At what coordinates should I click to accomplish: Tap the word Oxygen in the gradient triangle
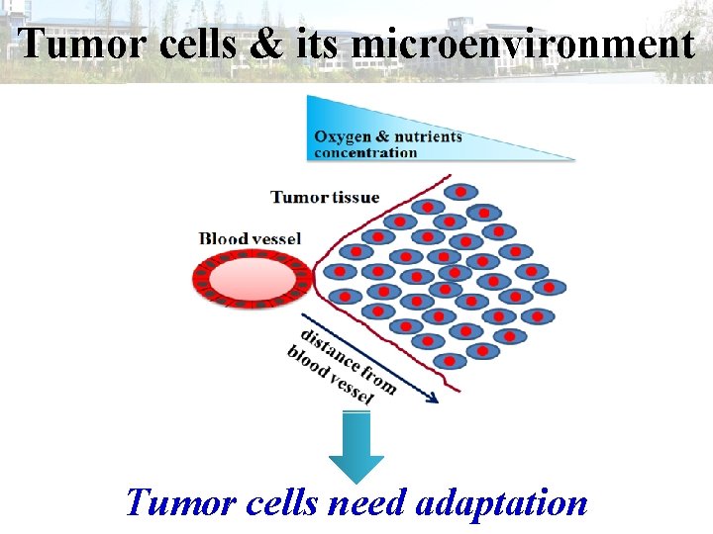click(x=342, y=136)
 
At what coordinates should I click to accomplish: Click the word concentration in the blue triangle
click(x=365, y=152)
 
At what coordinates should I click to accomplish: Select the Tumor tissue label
click(x=325, y=197)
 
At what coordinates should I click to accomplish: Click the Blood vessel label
click(x=251, y=238)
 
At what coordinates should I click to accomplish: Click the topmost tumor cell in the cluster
click(x=460, y=191)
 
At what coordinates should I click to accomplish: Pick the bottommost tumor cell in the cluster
click(x=448, y=361)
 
